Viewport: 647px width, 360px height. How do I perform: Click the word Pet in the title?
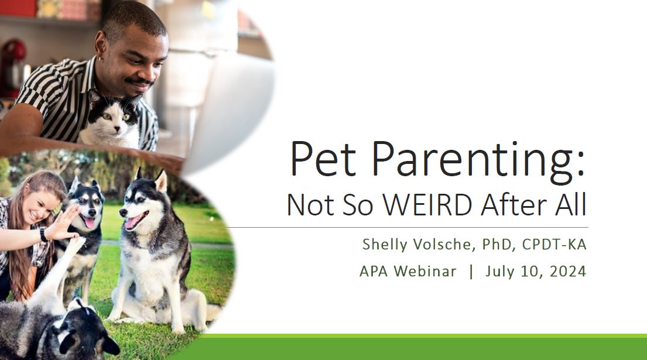pyautogui.click(x=323, y=159)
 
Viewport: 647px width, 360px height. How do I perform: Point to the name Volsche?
pyautogui.click(x=443, y=245)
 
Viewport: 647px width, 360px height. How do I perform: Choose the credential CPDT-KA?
pyautogui.click(x=554, y=245)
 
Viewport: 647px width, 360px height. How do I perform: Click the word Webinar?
pyautogui.click(x=425, y=272)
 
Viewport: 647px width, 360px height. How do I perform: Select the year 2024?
pyautogui.click(x=568, y=272)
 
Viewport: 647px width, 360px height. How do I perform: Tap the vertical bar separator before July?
pyautogui.click(x=471, y=272)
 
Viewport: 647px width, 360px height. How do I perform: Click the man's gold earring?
pyautogui.click(x=100, y=59)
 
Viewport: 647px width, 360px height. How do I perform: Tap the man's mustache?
pyautogui.click(x=140, y=81)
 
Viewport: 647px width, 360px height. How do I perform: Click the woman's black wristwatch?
pyautogui.click(x=43, y=235)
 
